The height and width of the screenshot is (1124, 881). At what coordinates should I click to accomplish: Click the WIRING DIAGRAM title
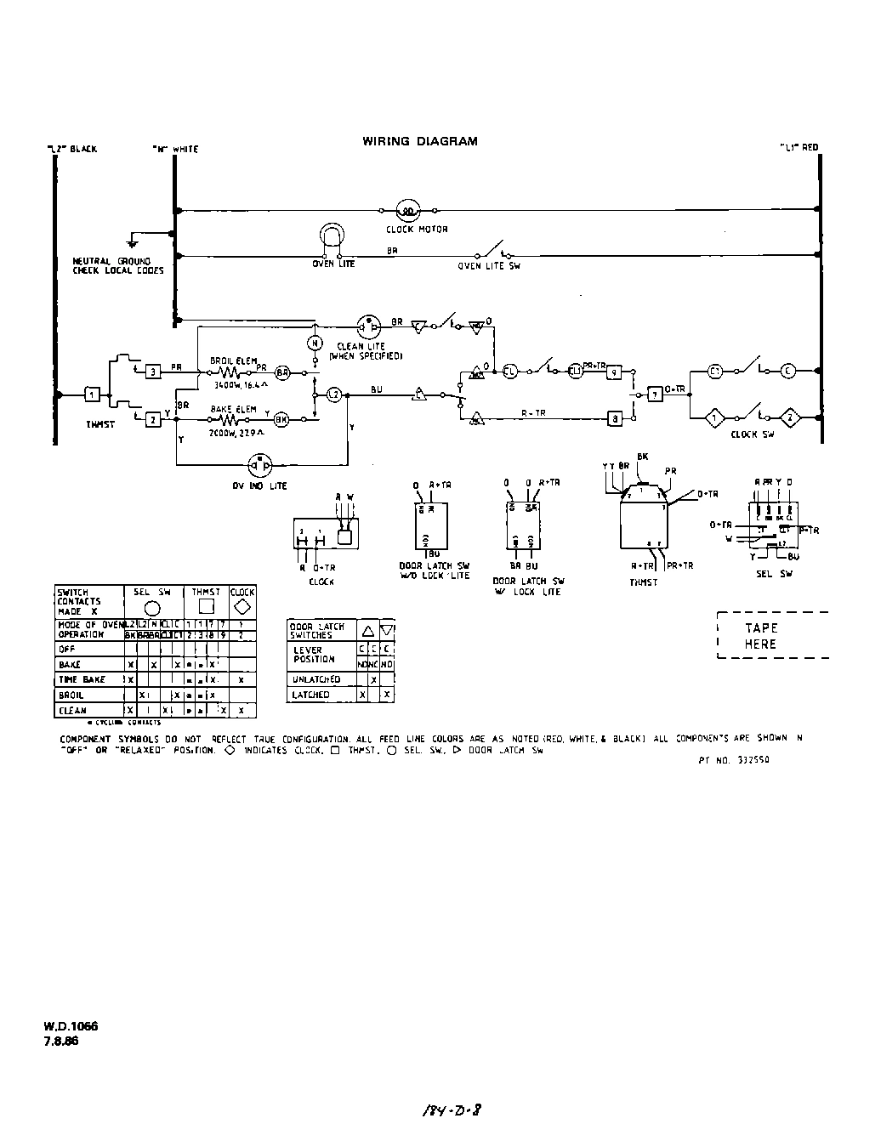pos(419,142)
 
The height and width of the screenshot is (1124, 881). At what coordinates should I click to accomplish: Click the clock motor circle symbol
pos(407,211)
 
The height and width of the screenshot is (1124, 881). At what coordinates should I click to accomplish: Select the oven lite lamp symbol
pos(331,240)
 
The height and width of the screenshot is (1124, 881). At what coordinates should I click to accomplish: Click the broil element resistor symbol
pos(232,372)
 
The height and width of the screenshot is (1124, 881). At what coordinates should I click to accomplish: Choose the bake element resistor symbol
pos(232,419)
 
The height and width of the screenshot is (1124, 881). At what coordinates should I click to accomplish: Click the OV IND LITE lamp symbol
pos(259,465)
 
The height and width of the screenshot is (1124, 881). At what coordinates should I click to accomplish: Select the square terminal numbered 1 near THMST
pos(92,395)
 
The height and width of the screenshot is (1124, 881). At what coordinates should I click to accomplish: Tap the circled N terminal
pos(313,343)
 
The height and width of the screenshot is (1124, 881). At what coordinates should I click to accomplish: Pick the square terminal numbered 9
pos(613,372)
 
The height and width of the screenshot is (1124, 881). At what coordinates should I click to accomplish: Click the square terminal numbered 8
pos(613,418)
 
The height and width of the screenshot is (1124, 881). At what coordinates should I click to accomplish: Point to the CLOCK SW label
pos(752,434)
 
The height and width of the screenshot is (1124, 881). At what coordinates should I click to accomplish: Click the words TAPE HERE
pos(760,636)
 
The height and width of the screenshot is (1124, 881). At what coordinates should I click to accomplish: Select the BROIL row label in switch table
pos(71,695)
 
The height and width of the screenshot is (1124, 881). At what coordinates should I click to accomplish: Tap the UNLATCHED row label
pos(315,679)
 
